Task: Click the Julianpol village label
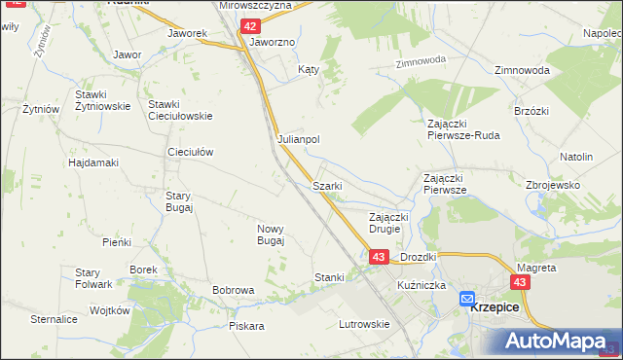coord(299,139)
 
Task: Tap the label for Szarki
coord(326,186)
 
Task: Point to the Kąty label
coord(309,70)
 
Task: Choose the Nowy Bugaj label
coord(270,234)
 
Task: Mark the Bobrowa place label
coord(234,290)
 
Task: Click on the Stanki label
coord(329,277)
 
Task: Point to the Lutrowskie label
coord(363,324)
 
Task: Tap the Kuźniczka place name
coord(421,285)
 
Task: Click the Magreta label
coord(536,267)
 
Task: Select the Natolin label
coord(576,156)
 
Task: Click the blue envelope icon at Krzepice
coord(467,300)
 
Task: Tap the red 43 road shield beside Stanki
coord(379,257)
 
